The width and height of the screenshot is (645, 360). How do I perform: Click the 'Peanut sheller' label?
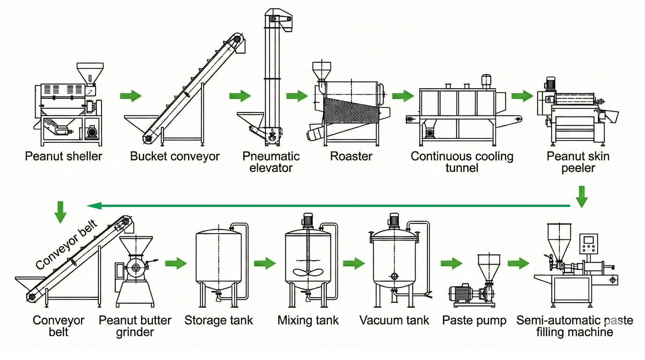point(64,156)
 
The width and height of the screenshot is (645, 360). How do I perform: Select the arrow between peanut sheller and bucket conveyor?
point(131,96)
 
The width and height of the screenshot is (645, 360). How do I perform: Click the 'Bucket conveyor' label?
point(175,156)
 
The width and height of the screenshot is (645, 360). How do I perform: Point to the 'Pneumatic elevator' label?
point(271,162)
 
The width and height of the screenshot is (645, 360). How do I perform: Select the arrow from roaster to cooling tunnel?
point(403,96)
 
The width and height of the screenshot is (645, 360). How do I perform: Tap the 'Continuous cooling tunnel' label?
point(462,162)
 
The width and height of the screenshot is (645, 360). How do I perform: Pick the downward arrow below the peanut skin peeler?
point(581,197)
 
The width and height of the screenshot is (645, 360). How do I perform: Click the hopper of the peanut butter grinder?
point(136,245)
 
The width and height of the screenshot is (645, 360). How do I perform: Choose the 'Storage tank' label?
point(219,320)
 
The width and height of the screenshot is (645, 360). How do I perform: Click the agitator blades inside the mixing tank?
point(308,272)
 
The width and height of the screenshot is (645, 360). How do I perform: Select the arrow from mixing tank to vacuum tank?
point(354,263)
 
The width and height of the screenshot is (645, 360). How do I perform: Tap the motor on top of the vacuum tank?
point(394,220)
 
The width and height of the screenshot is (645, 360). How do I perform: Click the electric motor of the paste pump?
point(460,293)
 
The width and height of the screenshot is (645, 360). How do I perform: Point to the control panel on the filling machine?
point(588,244)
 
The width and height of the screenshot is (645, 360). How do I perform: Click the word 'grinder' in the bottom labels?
point(135,332)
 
